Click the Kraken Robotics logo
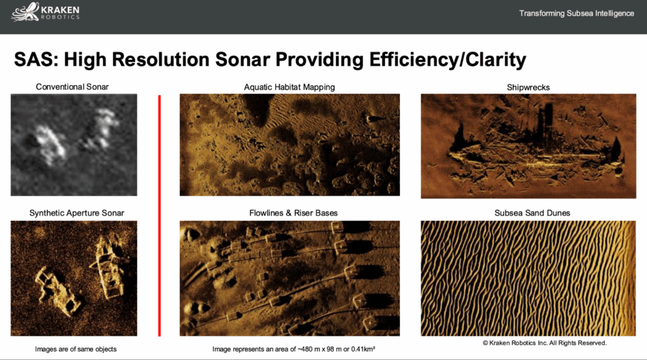click(45, 12)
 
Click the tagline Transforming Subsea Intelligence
click(576, 13)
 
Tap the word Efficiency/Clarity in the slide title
click(448, 59)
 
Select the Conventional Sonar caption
click(72, 87)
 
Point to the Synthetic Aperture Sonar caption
click(76, 213)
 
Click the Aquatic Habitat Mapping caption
click(289, 87)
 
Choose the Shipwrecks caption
click(528, 87)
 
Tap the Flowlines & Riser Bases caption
click(293, 213)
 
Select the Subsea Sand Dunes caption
click(532, 213)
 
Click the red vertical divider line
click(159, 215)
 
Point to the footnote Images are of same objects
click(76, 349)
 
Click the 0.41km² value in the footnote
click(363, 349)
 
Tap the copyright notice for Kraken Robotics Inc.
click(545, 343)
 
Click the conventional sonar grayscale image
click(74, 145)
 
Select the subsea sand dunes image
click(528, 279)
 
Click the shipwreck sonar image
click(529, 146)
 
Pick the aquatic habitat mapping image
click(289, 145)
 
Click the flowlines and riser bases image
click(289, 279)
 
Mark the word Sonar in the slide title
click(243, 59)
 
